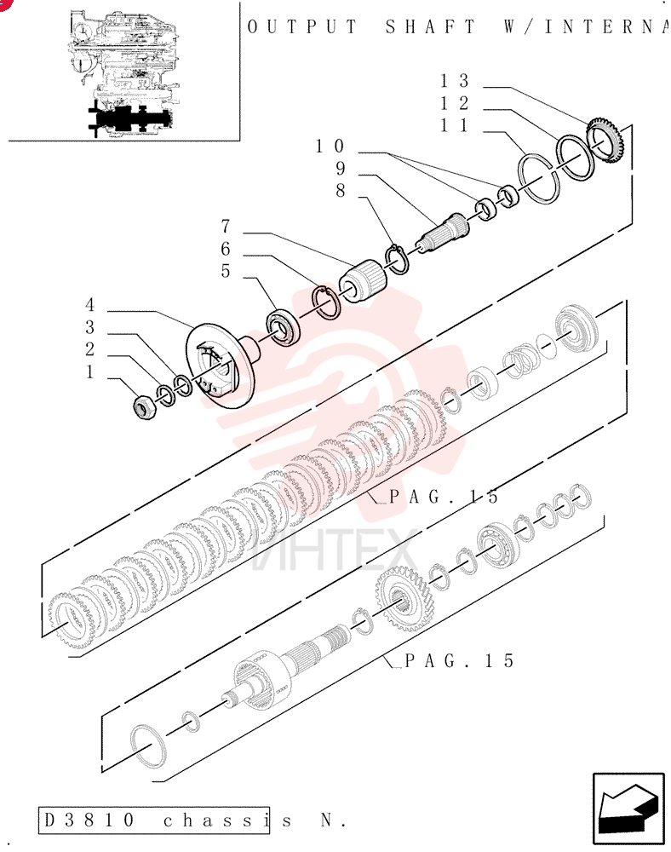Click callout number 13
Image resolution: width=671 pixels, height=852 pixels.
pyautogui.click(x=454, y=81)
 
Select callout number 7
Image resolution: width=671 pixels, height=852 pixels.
pyautogui.click(x=226, y=226)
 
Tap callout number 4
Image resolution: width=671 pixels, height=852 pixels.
pyautogui.click(x=89, y=305)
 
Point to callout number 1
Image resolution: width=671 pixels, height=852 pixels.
pyautogui.click(x=90, y=372)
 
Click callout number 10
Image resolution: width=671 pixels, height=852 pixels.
pyautogui.click(x=330, y=147)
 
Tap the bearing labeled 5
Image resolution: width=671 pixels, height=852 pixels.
pyautogui.click(x=283, y=327)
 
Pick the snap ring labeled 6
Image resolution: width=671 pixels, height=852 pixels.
pyautogui.click(x=327, y=302)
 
